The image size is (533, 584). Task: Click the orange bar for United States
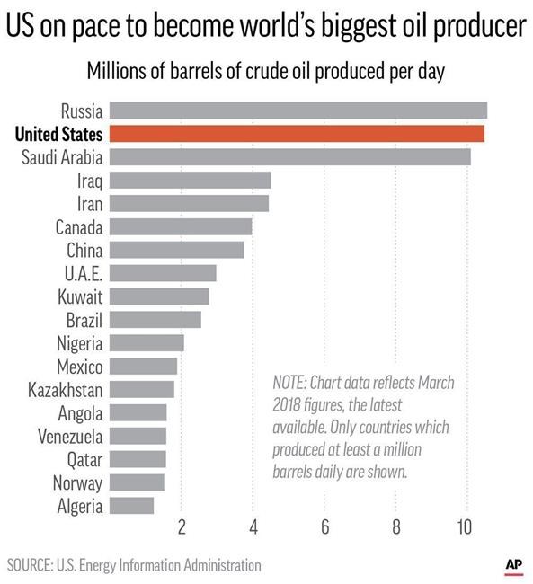297,134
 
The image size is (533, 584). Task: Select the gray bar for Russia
298,111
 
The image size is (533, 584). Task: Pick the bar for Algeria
131,506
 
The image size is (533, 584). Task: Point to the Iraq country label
90,181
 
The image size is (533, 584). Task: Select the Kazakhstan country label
66,390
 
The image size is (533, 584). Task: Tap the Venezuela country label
70,437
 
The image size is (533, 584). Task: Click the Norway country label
79,482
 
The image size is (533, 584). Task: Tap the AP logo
513,564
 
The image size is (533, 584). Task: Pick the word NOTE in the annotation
291,383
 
